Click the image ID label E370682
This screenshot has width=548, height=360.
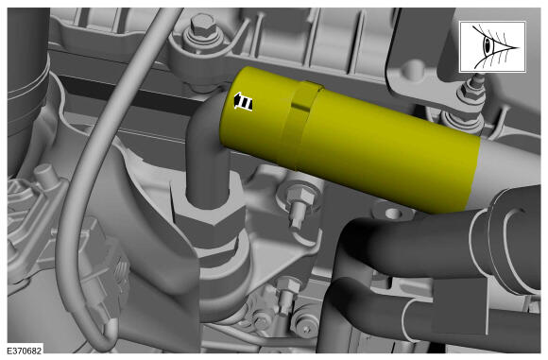pos(25,351)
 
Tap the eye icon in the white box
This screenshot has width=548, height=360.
pos(492,46)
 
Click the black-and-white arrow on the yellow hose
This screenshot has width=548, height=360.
pos(243,102)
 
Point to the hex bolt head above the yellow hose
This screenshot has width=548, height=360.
pos(200,26)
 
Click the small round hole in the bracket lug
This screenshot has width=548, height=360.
pos(393,213)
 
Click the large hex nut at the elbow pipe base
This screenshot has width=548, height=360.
pos(209,227)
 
